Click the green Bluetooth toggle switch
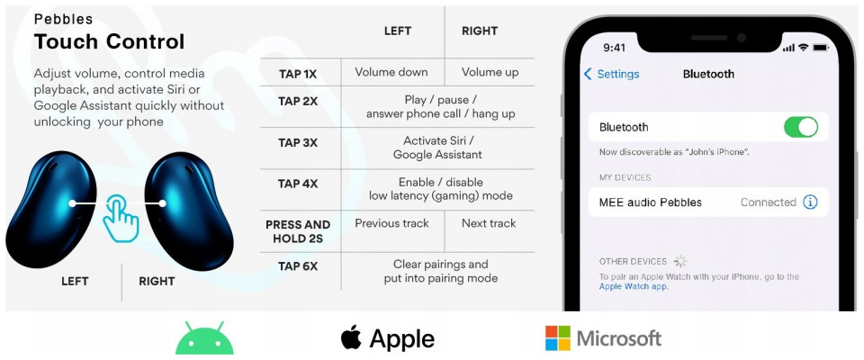point(801,128)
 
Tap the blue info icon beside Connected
point(809,202)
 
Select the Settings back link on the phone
point(612,74)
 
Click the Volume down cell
point(391,72)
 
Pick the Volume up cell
point(490,72)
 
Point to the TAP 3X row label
point(298,143)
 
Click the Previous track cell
point(391,223)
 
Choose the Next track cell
point(489,223)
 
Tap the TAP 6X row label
point(298,266)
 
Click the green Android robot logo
point(204,337)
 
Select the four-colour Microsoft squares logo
point(557,337)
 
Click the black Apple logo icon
point(351,337)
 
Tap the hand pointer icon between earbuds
point(121,218)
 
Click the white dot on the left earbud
point(72,203)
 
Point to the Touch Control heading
point(109,42)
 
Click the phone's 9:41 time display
point(615,48)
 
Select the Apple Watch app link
point(633,287)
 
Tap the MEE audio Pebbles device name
point(650,202)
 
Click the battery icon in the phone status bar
point(821,48)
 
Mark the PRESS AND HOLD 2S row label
point(298,231)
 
